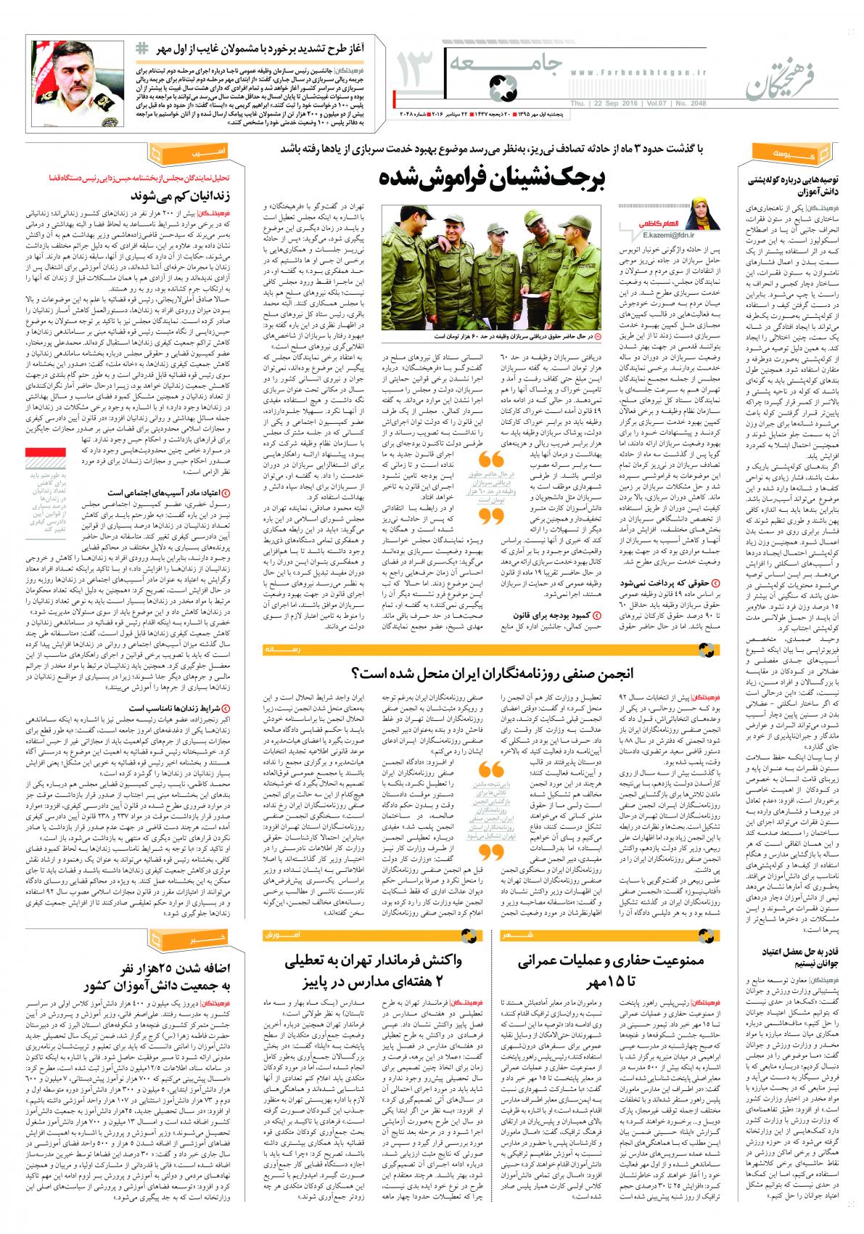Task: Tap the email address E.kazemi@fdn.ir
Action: [x=668, y=234]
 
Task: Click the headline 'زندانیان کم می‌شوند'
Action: [x=181, y=196]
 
